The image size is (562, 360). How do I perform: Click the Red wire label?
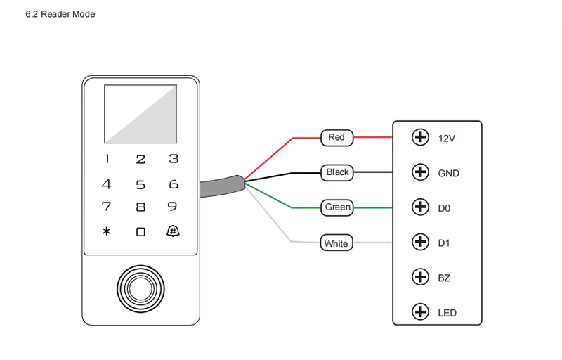(x=337, y=138)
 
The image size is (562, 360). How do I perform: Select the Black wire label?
(x=337, y=172)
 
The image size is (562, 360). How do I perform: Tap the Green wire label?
(x=337, y=207)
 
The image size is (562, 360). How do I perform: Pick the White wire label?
(x=336, y=243)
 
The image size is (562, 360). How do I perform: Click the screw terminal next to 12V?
(x=420, y=137)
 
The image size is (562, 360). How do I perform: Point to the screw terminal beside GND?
(x=420, y=172)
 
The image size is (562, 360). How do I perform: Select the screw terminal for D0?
(x=420, y=207)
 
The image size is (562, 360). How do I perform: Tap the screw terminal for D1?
(x=420, y=242)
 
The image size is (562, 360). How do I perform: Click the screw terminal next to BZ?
(x=420, y=277)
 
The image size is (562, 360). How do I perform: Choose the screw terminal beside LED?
(x=420, y=311)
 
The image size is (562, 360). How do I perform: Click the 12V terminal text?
(x=447, y=139)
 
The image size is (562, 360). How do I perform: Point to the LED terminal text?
(x=447, y=313)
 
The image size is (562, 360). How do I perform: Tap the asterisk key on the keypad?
(x=107, y=231)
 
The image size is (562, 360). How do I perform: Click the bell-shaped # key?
(x=173, y=231)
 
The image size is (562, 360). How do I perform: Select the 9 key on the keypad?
(x=172, y=207)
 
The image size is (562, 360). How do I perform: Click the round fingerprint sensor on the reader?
(x=140, y=289)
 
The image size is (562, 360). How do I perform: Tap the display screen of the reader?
(x=140, y=114)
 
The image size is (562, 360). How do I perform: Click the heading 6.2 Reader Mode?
(x=60, y=14)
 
